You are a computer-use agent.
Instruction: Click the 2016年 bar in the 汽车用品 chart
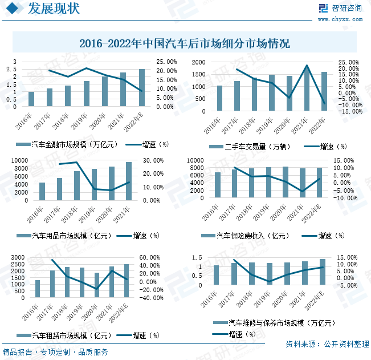(x=42, y=191)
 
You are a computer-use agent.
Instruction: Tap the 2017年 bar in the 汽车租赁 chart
(x=52, y=284)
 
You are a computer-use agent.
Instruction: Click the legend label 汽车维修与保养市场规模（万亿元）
(x=281, y=323)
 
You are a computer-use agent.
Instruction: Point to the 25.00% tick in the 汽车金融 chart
(x=160, y=62)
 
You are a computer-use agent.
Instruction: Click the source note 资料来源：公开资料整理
(x=327, y=344)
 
